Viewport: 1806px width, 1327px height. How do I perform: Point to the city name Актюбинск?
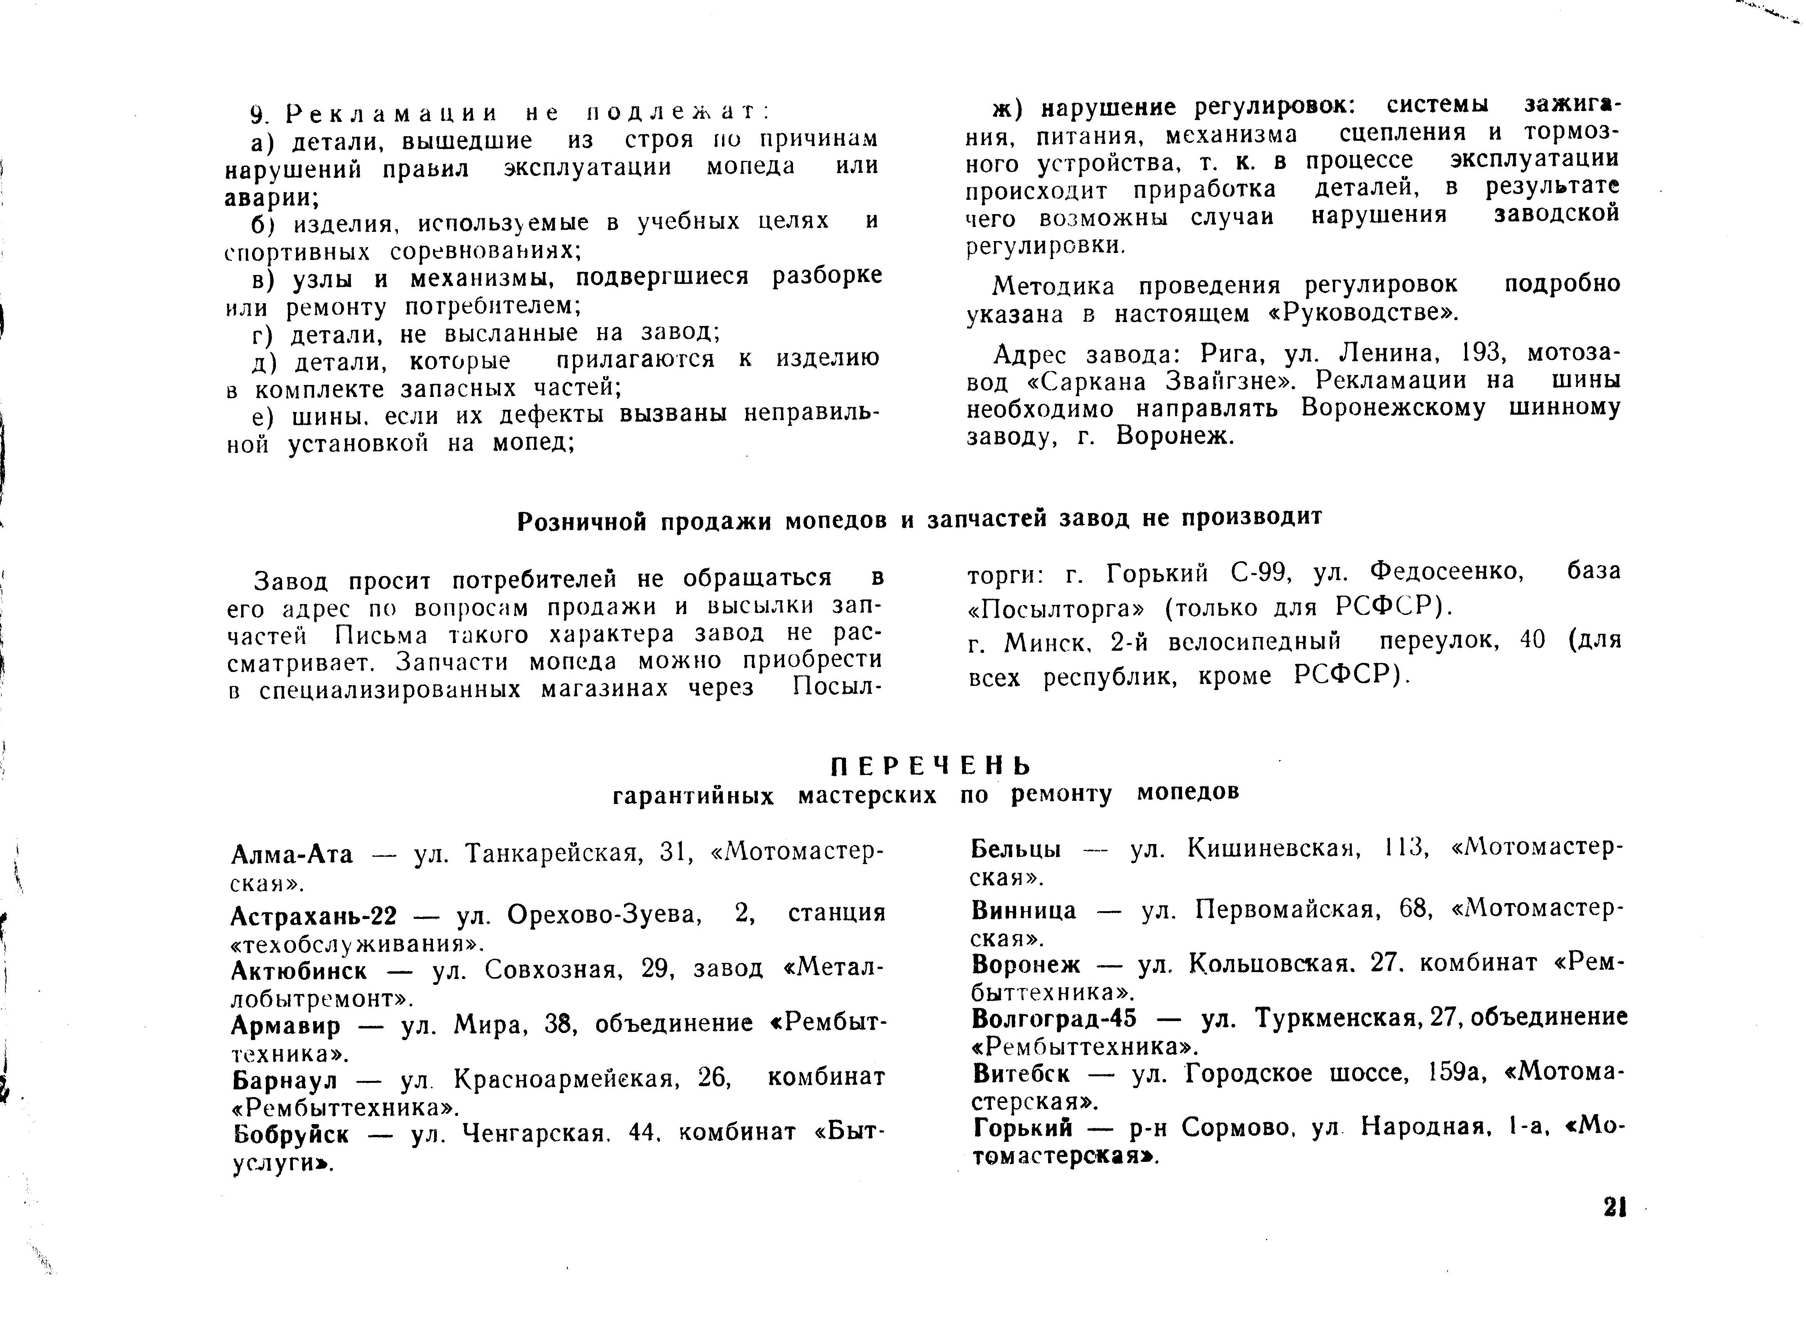(299, 971)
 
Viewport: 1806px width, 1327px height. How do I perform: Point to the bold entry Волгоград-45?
(1054, 1018)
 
